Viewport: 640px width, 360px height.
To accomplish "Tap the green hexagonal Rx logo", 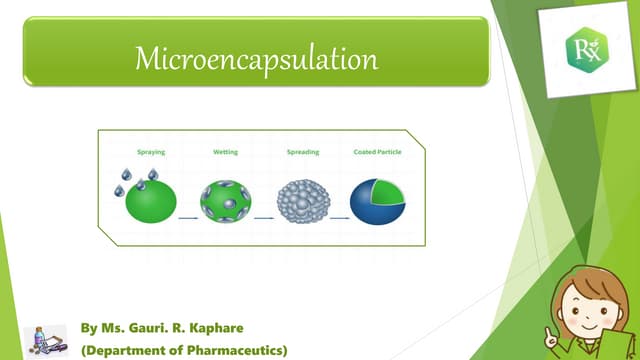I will tap(580, 46).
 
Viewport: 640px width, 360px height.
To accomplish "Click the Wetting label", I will tap(225, 152).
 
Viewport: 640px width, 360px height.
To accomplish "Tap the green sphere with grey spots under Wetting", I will tap(227, 200).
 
